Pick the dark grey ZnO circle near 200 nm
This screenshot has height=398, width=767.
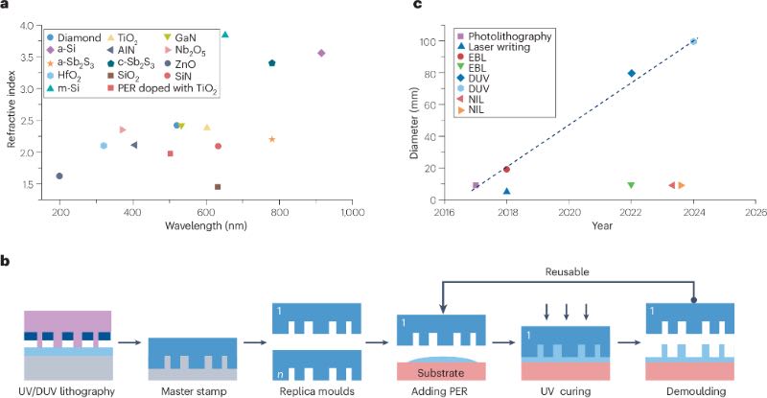coord(59,176)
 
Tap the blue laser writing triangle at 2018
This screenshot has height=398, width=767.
coord(506,191)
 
